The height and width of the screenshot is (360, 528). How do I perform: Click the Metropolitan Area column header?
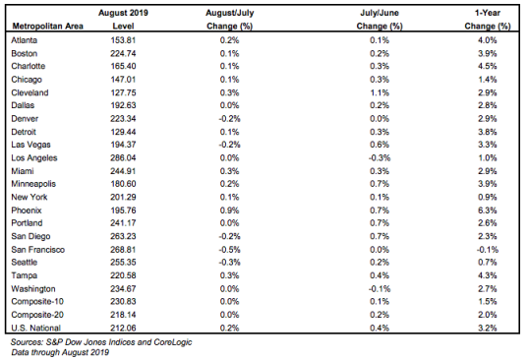tap(48, 26)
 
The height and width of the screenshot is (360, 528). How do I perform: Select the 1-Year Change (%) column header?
tap(488, 20)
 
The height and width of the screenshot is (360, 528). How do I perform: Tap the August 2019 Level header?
tap(123, 20)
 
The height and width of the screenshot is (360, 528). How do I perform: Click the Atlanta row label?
tap(25, 40)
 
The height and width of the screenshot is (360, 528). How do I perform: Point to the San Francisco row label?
tap(37, 250)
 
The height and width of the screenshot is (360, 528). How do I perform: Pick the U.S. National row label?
tap(35, 328)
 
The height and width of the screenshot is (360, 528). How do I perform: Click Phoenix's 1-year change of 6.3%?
tap(488, 210)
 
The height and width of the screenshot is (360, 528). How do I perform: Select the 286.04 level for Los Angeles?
tap(123, 158)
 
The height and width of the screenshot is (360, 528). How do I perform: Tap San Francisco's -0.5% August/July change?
tap(230, 250)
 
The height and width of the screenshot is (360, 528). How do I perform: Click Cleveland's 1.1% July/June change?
tap(380, 92)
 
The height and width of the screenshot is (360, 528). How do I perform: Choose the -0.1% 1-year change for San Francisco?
tap(488, 250)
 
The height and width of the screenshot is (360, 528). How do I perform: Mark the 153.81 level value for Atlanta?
tap(123, 40)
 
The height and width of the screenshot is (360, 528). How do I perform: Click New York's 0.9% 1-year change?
tap(488, 197)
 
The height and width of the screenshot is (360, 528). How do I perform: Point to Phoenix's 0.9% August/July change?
tap(230, 210)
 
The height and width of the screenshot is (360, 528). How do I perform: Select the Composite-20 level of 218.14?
tap(123, 315)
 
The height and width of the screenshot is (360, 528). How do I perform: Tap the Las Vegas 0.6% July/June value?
tap(380, 145)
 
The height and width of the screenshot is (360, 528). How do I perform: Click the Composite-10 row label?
tap(37, 301)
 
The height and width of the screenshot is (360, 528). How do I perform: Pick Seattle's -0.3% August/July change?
tap(230, 263)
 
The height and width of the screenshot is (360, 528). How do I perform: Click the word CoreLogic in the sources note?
tap(173, 342)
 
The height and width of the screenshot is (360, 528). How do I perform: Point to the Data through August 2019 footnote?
tap(60, 352)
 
